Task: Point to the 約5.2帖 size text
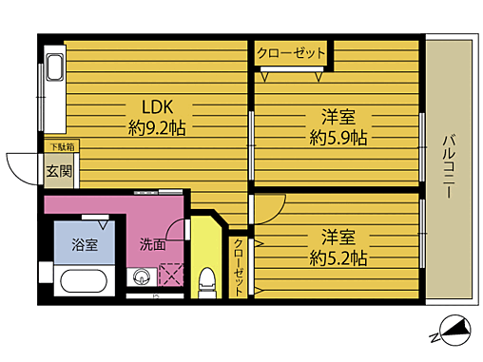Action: [338, 257]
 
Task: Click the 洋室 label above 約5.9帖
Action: [338, 118]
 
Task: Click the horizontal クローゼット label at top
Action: [290, 53]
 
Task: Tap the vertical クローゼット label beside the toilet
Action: [239, 268]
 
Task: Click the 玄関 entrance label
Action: [58, 172]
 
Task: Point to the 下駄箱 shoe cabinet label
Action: [63, 147]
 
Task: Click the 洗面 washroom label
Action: [152, 242]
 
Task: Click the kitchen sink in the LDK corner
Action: [53, 69]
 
